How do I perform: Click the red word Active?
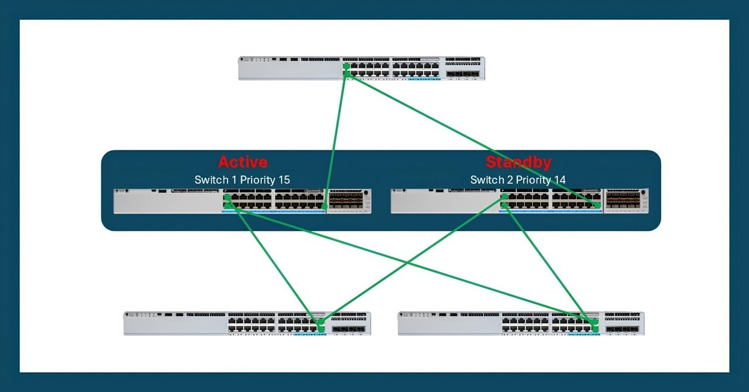(x=242, y=162)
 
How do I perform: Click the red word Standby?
(x=518, y=162)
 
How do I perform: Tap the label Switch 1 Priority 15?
(x=242, y=180)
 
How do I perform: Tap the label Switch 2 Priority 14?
(x=518, y=180)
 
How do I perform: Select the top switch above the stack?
(x=361, y=68)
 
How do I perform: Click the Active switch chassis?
(x=242, y=201)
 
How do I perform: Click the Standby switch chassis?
(x=520, y=201)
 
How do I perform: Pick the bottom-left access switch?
(x=246, y=323)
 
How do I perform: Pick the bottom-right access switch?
(x=521, y=323)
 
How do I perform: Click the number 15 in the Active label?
(x=283, y=180)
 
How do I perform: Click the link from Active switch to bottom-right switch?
(x=410, y=263)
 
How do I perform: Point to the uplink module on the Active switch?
(x=349, y=201)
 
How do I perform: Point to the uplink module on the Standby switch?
(x=626, y=201)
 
